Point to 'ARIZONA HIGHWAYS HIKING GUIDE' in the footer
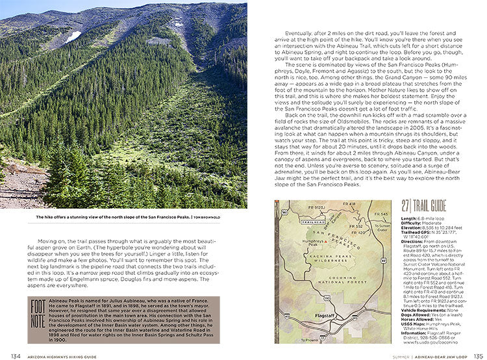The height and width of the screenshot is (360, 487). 60,355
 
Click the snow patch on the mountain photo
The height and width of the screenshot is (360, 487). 73,36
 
